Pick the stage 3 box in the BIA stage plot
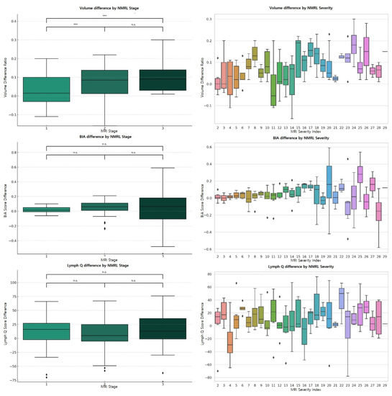[x=163, y=198]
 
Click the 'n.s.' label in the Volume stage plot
[x=134, y=25]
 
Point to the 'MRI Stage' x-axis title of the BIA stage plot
[x=104, y=258]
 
